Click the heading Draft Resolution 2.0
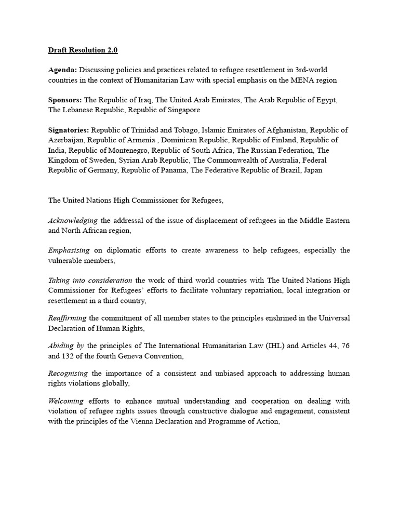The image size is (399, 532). point(83,50)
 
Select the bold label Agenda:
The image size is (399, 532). point(63,70)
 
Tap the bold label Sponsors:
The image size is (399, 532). point(65,100)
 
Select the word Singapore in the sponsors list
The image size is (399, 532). point(181,110)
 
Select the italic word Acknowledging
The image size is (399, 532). point(73,220)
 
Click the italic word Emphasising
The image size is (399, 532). point(69,250)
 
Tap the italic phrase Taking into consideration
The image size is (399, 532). point(90,281)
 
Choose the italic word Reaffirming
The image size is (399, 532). point(68,318)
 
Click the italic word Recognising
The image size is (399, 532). point(69,374)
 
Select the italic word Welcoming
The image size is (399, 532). point(66,402)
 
